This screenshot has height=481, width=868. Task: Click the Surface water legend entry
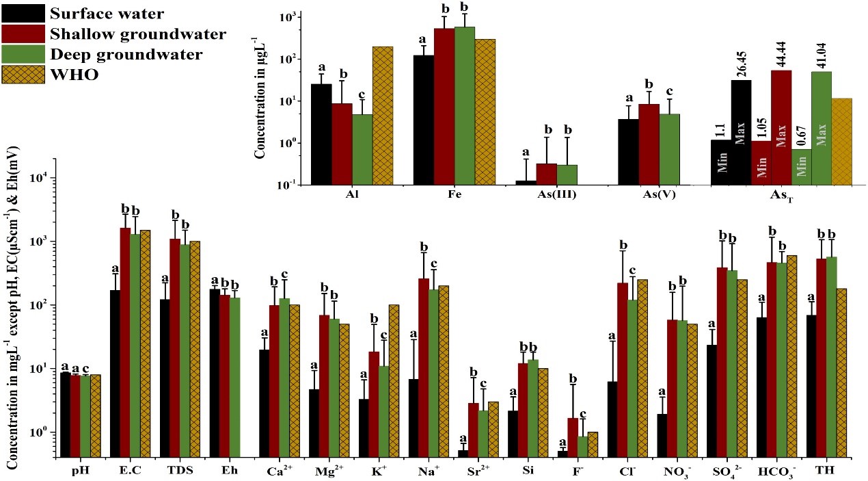click(x=113, y=12)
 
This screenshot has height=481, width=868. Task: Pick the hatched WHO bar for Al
click(x=382, y=116)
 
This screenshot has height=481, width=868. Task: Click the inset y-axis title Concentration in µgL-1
click(x=260, y=100)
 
